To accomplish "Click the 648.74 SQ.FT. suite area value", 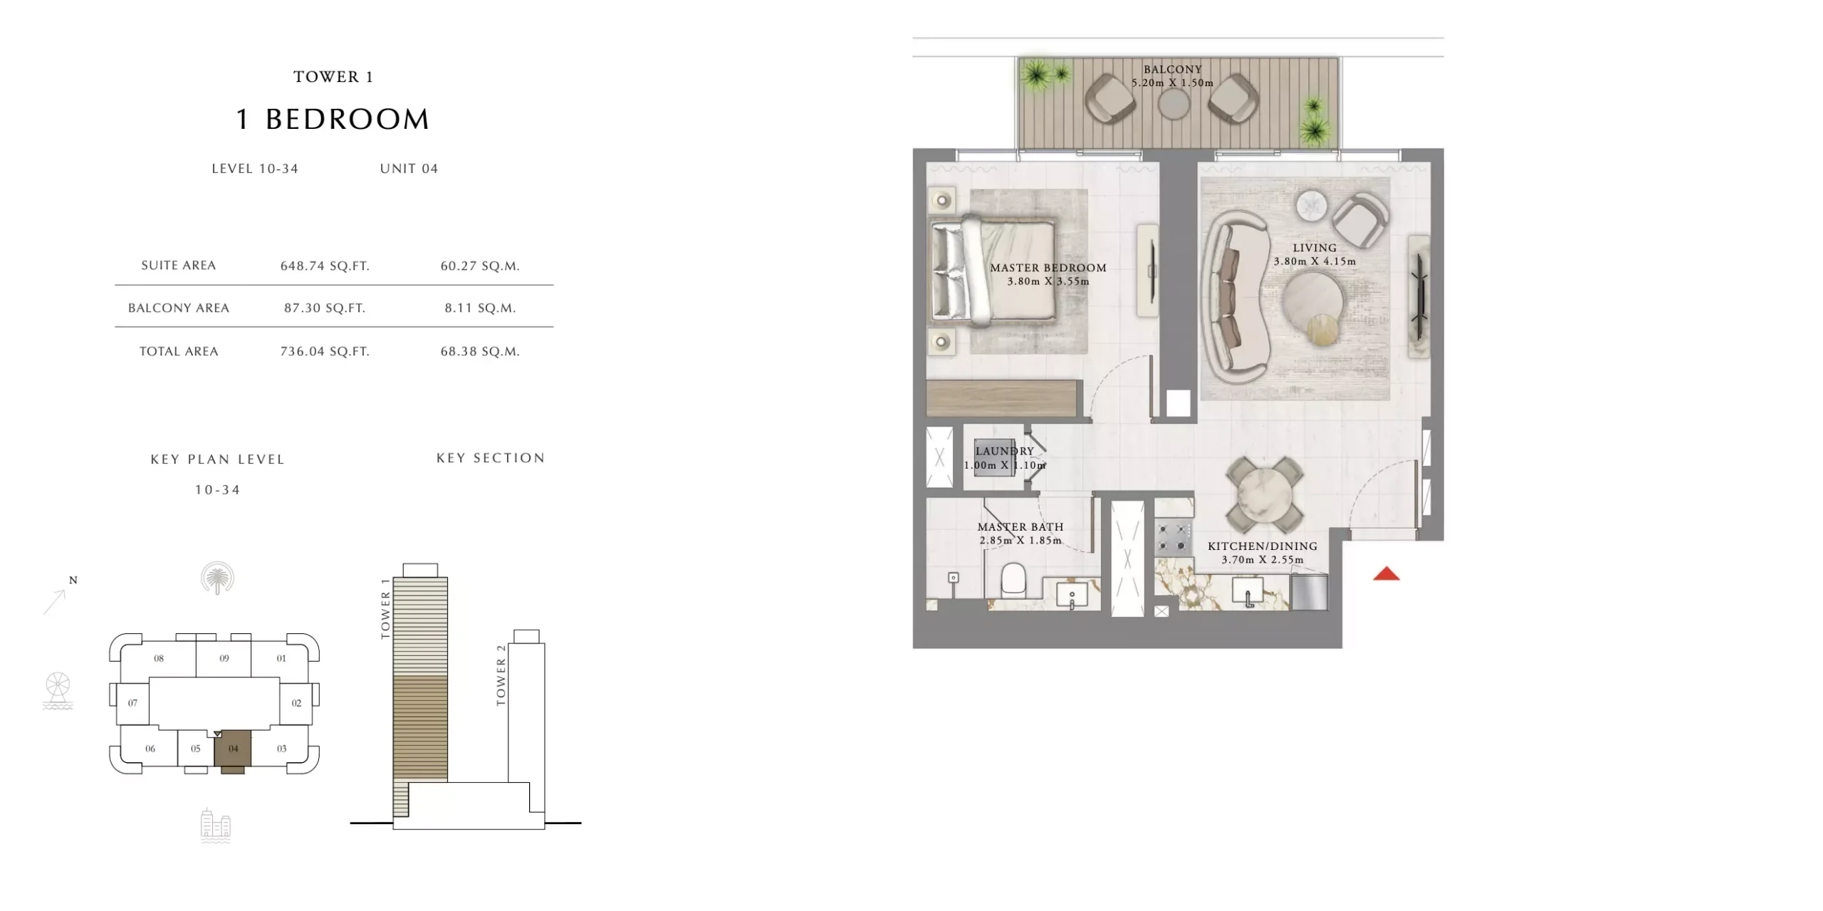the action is click(325, 266).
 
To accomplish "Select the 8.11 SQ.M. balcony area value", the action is click(481, 308).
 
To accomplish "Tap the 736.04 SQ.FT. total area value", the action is click(325, 351).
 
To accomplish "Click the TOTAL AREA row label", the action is click(179, 351).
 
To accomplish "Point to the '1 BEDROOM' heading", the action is click(333, 119).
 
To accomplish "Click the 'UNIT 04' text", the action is click(409, 169).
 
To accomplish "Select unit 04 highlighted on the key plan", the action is click(233, 750).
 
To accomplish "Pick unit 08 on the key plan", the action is click(159, 658).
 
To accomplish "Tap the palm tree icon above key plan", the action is click(217, 578).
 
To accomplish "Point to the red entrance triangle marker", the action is click(1386, 573).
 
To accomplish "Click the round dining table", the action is click(1264, 494).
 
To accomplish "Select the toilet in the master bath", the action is click(1013, 579).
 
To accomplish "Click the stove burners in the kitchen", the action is click(1172, 538).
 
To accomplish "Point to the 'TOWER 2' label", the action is click(501, 675).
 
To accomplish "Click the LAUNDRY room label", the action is click(1004, 451).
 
